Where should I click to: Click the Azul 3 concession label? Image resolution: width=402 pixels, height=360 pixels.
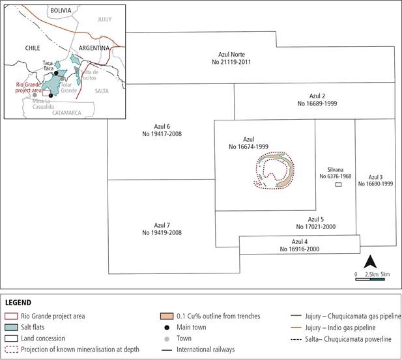click(x=375, y=180)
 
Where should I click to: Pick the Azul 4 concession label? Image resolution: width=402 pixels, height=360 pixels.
click(x=300, y=245)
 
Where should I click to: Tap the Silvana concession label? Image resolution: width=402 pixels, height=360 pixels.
click(x=335, y=172)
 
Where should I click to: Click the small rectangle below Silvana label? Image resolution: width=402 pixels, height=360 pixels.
click(x=338, y=185)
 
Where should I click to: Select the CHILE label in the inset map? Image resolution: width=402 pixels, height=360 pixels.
click(x=33, y=48)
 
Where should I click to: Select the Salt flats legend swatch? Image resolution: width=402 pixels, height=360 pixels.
click(x=12, y=327)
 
